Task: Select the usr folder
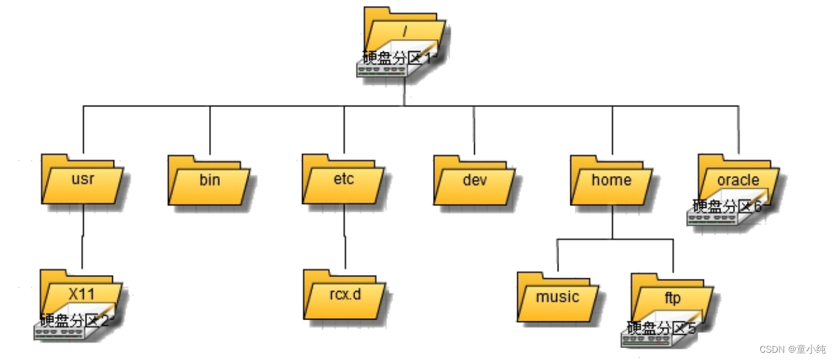click(83, 179)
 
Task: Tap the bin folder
click(209, 180)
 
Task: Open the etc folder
click(343, 179)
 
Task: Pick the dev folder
click(475, 180)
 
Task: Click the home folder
click(611, 180)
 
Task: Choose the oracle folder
click(738, 179)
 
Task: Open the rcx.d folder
click(345, 294)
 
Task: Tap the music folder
click(558, 297)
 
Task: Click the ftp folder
click(672, 298)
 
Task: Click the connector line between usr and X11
click(83, 236)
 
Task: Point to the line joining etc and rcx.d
click(345, 236)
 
